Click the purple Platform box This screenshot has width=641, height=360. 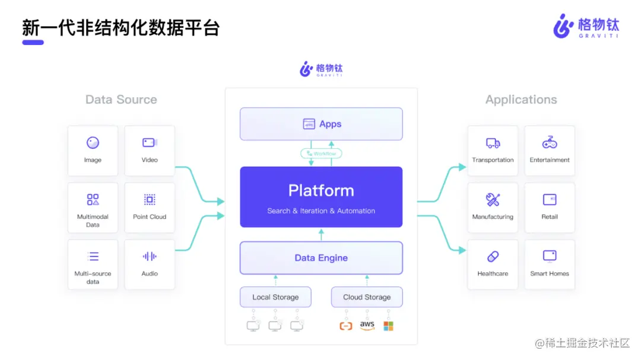coord(321,197)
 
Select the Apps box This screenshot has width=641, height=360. coord(321,124)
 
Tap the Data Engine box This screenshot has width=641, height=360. coord(321,258)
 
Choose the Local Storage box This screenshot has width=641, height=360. coord(275,297)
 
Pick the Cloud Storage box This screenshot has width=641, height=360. coord(367,297)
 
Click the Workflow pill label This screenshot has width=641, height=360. coord(321,154)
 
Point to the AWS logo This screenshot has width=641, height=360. coord(367,326)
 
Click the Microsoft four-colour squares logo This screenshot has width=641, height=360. coord(388,326)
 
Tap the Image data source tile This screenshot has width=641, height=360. coord(93,151)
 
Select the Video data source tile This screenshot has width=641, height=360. coord(150,151)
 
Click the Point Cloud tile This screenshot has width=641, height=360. coord(150,208)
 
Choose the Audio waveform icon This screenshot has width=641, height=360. coord(150,257)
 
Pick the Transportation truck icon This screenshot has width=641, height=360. coord(493,143)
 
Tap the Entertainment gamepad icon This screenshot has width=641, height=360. coord(550,143)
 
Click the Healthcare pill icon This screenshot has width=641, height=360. coord(493,257)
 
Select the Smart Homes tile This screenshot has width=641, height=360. coord(550,265)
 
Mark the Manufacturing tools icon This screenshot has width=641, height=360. coord(493,199)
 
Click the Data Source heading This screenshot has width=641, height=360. coord(121,100)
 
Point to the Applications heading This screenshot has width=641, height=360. coord(521,100)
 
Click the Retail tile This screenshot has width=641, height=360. coord(550,208)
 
